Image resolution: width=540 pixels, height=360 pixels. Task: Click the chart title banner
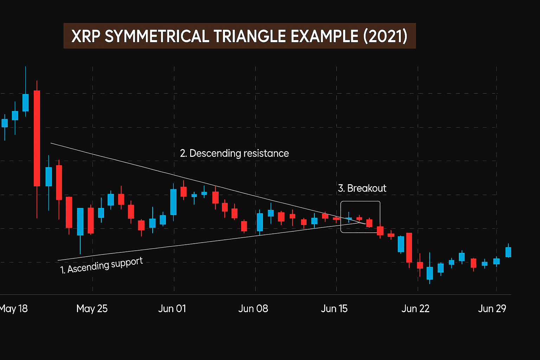(x=239, y=36)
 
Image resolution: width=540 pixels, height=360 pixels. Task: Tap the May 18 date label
(x=13, y=309)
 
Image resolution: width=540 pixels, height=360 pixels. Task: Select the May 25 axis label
(x=92, y=309)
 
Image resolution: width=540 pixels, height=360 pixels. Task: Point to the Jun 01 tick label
(x=172, y=309)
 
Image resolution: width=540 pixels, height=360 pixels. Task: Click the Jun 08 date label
(x=253, y=309)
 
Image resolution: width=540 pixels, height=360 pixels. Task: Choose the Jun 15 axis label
(x=334, y=309)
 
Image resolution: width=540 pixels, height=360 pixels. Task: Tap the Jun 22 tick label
(x=415, y=309)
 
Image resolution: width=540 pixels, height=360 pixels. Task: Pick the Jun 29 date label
(x=492, y=309)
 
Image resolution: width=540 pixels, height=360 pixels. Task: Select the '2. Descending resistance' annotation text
(x=234, y=153)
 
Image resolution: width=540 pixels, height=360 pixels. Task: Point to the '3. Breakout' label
(x=362, y=188)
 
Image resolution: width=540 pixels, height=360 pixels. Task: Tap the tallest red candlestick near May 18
(x=37, y=138)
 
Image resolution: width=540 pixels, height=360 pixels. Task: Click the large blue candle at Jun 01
(x=173, y=202)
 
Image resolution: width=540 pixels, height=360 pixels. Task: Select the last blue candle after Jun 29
(x=508, y=252)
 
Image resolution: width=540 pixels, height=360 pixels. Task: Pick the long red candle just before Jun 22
(x=409, y=247)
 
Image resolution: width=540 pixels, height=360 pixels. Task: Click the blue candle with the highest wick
(x=25, y=102)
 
